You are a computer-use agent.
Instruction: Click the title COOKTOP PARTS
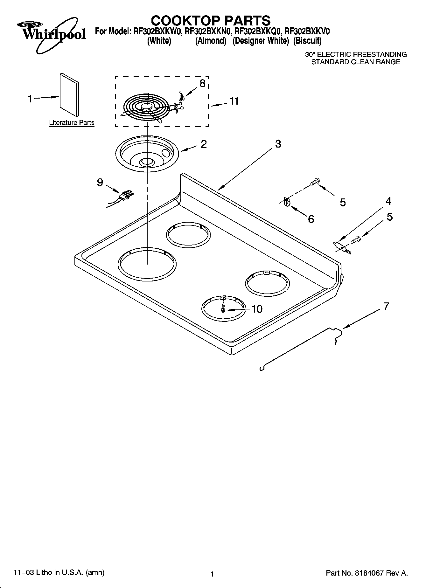[211, 21]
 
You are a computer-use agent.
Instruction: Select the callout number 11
[234, 101]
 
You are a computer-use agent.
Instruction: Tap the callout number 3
[278, 144]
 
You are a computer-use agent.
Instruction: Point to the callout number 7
[386, 307]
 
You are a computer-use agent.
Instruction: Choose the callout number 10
[257, 309]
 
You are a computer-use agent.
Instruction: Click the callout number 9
[100, 183]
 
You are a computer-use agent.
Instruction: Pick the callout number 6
[311, 219]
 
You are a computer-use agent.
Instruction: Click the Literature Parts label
[72, 123]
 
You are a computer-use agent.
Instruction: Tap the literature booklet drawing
[69, 94]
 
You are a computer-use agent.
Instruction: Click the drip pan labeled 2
[147, 154]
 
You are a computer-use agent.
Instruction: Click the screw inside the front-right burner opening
[223, 308]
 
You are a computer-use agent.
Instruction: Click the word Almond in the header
[211, 41]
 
